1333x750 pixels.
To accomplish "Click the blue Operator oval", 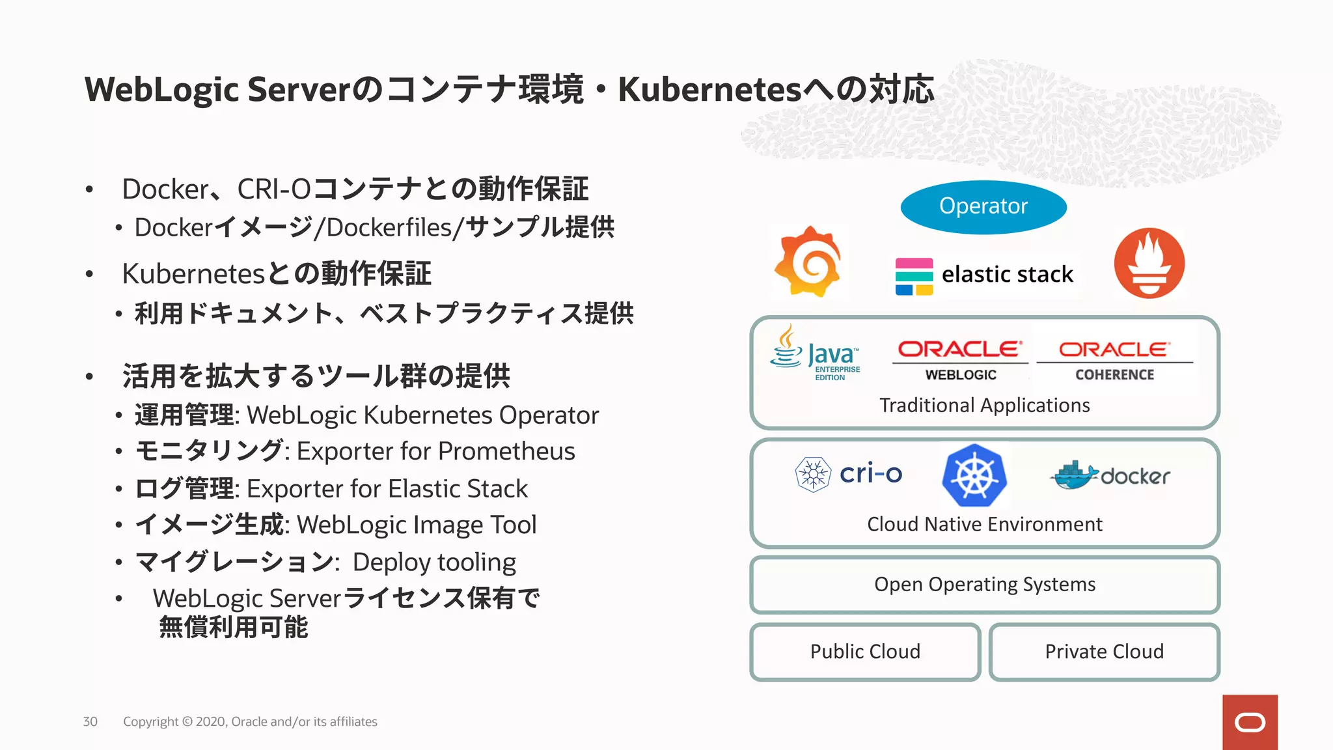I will [x=983, y=207].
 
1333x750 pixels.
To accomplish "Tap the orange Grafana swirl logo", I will [x=808, y=262].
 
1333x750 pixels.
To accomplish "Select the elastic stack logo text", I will [x=1007, y=275].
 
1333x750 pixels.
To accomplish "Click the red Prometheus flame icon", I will [x=1149, y=263].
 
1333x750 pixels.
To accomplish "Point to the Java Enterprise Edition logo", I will [x=816, y=354].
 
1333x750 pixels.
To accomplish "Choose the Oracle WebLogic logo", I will [x=960, y=360].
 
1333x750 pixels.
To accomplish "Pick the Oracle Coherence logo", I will [x=1114, y=360].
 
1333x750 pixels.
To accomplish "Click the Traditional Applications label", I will [x=984, y=406].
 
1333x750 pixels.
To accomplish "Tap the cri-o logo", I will [x=849, y=474].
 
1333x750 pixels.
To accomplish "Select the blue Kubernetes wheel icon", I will [x=974, y=475].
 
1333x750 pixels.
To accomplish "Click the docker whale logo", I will [x=1110, y=476].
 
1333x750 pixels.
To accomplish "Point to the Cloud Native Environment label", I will [x=984, y=524].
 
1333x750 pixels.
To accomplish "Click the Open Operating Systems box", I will [x=984, y=585].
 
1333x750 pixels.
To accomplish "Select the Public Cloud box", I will [x=865, y=652].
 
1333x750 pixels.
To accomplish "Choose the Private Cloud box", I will [x=1104, y=652].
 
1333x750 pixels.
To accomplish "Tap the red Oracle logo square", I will [x=1250, y=722].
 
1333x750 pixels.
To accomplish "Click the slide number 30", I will [x=90, y=721].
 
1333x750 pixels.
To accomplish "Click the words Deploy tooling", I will [x=434, y=562].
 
